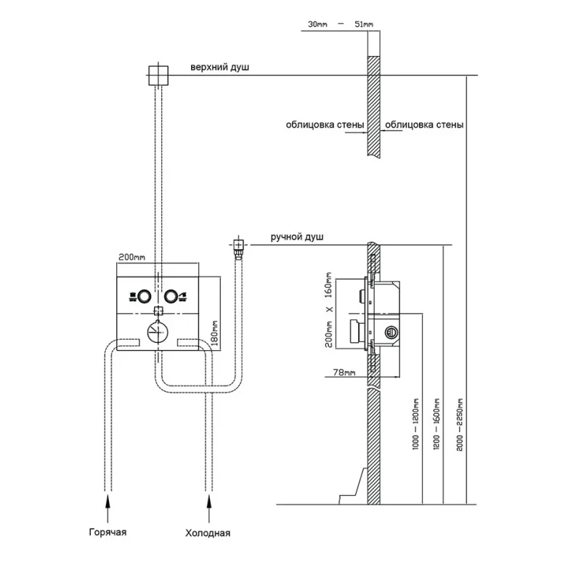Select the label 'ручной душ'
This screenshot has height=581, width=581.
click(x=297, y=237)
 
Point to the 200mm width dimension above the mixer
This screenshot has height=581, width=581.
click(x=131, y=257)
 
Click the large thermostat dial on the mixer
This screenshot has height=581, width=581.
click(x=157, y=332)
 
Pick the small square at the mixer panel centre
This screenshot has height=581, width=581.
click(x=158, y=311)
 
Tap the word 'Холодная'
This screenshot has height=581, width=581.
click(x=208, y=533)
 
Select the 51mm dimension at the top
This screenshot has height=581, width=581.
click(x=363, y=25)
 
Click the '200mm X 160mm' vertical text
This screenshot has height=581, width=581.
click(x=328, y=310)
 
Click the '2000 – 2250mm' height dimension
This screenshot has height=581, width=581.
click(x=457, y=420)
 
